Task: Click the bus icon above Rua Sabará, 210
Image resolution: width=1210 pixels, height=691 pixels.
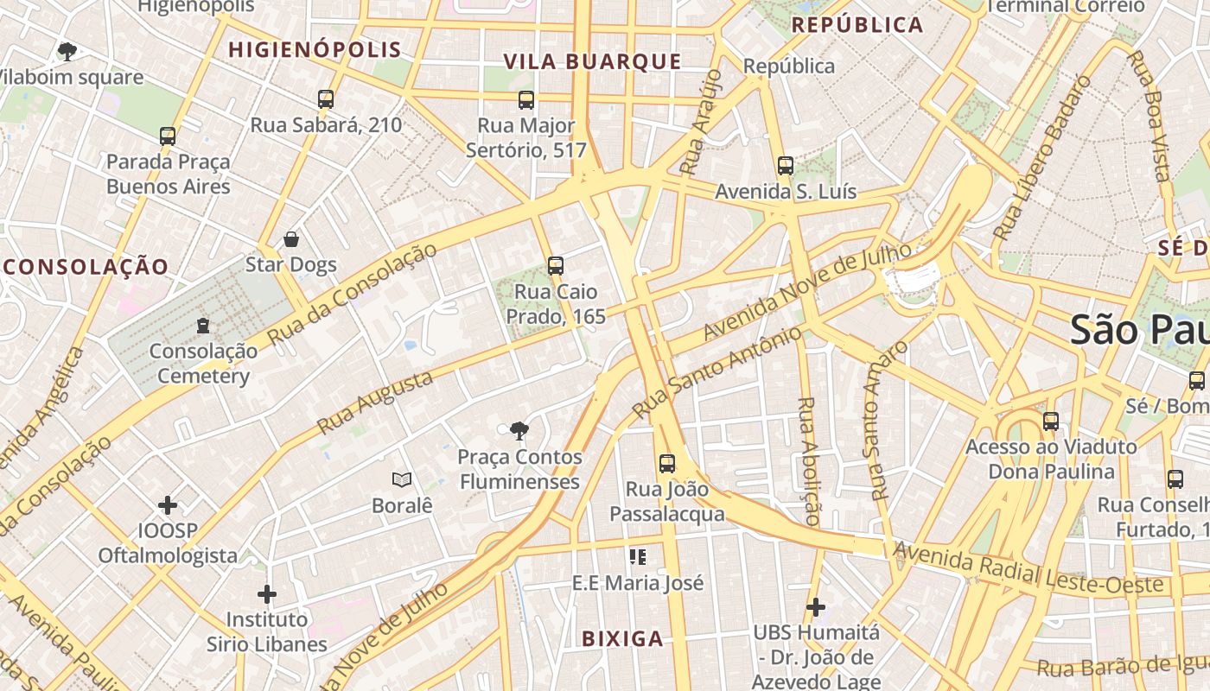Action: click(x=326, y=99)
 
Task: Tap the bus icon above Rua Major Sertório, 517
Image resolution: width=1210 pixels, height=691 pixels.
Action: click(x=526, y=100)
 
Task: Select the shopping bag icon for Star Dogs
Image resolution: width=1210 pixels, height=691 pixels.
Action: click(x=291, y=239)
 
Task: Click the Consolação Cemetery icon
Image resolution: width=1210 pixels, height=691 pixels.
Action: click(x=203, y=326)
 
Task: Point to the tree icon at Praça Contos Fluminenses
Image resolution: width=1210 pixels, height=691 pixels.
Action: click(x=519, y=430)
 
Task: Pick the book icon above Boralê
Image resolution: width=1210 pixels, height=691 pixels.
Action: click(x=401, y=479)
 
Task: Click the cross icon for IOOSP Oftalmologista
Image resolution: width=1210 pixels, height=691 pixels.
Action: click(x=168, y=504)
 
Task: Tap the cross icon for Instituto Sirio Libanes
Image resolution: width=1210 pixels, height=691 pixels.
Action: click(x=267, y=594)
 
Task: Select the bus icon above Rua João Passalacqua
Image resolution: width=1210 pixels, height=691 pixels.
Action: click(x=667, y=464)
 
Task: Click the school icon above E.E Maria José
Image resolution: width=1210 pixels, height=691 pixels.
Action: click(x=638, y=557)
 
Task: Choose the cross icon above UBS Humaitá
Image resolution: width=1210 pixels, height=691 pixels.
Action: click(x=815, y=607)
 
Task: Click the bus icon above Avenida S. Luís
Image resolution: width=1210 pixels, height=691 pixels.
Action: click(x=786, y=166)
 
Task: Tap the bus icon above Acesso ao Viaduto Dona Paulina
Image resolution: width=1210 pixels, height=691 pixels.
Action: click(x=1051, y=422)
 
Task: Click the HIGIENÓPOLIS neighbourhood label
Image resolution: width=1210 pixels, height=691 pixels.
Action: click(x=315, y=50)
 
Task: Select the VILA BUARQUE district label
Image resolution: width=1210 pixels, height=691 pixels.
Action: click(x=593, y=61)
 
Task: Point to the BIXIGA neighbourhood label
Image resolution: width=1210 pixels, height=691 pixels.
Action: click(x=622, y=639)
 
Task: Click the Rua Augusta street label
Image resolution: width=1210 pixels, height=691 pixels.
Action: click(x=374, y=403)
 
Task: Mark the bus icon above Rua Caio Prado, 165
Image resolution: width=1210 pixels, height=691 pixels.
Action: click(x=556, y=266)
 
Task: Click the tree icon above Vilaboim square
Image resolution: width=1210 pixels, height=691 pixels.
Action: click(x=67, y=52)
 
